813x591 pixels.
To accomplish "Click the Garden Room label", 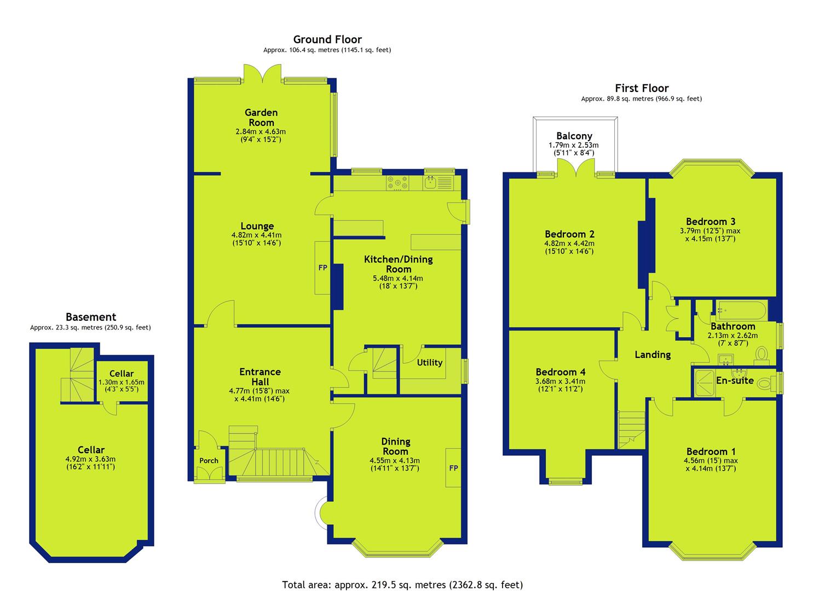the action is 261,118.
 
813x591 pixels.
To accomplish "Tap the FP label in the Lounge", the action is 322,268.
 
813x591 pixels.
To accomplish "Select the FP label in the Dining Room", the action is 453,468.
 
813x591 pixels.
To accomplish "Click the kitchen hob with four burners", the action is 397,183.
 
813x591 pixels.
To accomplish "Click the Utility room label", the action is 429,362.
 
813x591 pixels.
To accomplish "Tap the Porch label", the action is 209,460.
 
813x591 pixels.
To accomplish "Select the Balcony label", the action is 574,136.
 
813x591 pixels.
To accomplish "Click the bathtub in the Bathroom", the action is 741,310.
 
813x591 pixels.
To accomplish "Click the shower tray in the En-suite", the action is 704,383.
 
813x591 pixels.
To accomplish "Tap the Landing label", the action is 653,355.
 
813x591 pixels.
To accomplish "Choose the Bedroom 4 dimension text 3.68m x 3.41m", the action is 561,381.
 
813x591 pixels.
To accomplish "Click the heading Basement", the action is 91,317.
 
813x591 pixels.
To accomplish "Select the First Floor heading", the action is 642,88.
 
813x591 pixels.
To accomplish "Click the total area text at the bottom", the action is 402,575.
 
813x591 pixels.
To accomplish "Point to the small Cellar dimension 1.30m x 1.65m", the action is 121,382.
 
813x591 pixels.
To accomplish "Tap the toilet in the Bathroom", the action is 762,355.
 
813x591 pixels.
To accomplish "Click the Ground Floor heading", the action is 327,39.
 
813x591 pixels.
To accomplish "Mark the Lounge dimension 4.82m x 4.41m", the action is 257,235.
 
